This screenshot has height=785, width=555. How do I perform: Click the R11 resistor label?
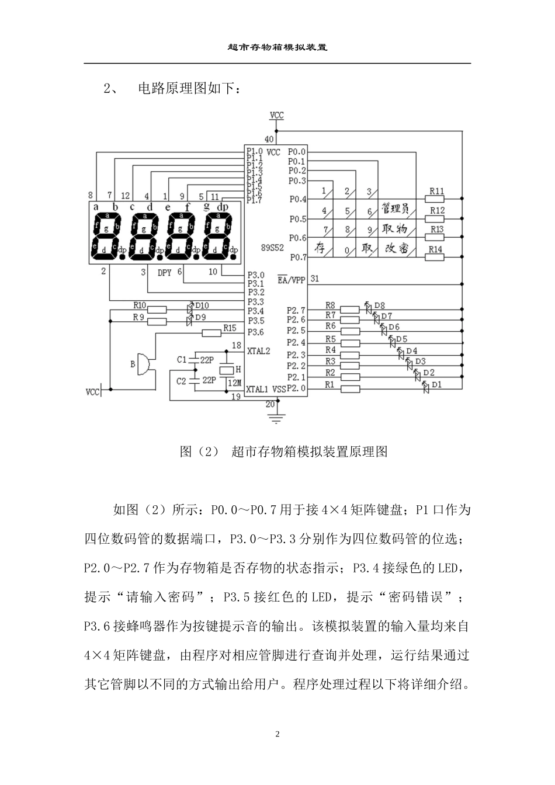[x=436, y=191]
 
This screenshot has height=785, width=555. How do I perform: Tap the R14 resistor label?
[x=436, y=249]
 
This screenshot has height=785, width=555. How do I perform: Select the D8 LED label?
[x=379, y=305]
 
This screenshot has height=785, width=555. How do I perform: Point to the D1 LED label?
[x=436, y=384]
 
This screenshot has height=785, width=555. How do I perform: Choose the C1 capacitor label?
[x=182, y=359]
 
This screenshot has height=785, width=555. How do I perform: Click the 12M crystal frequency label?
[x=234, y=383]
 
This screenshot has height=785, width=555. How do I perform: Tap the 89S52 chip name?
[x=272, y=248]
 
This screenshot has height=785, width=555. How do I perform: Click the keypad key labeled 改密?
[x=397, y=248]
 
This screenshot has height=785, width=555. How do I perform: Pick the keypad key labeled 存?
[x=320, y=248]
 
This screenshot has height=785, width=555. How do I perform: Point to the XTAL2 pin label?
[x=259, y=352]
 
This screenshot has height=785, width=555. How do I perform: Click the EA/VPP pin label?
[x=291, y=280]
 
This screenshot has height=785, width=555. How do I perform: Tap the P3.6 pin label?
[x=255, y=332]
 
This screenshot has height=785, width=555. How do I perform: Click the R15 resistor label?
[x=229, y=328]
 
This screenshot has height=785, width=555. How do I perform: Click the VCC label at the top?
[x=277, y=115]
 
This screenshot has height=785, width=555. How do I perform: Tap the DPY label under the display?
[x=165, y=273]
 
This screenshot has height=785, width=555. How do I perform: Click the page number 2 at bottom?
[x=277, y=734]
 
